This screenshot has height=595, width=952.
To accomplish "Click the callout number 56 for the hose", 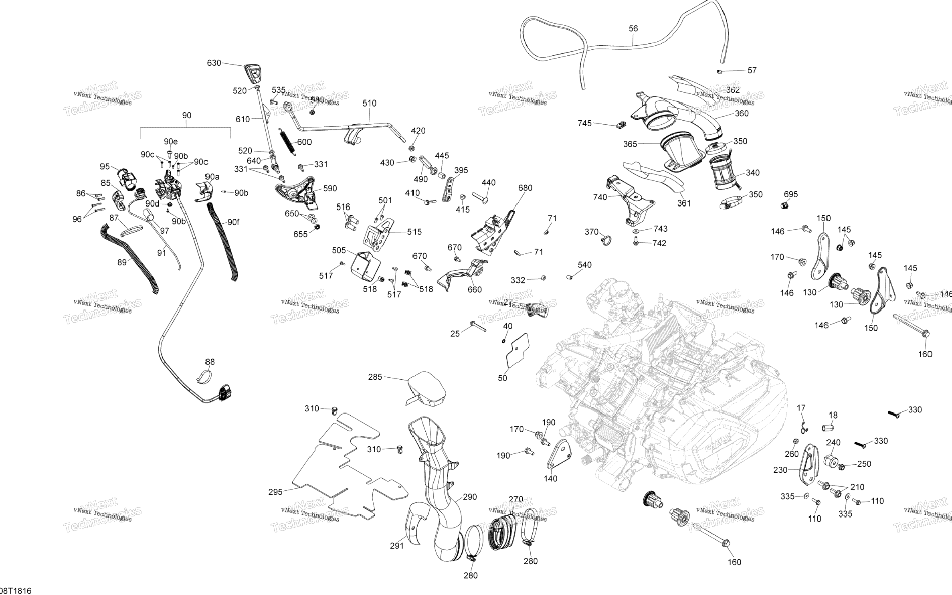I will click(x=633, y=28).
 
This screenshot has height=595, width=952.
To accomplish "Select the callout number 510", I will click(x=369, y=103).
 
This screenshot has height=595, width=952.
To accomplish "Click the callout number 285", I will click(x=375, y=377).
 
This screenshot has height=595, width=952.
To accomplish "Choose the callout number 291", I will click(x=397, y=546).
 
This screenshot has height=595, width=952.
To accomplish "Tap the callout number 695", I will click(x=791, y=194).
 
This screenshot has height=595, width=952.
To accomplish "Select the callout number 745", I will click(x=584, y=123).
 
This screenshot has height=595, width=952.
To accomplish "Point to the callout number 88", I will click(x=210, y=362).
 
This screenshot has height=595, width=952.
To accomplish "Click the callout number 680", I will click(x=525, y=188).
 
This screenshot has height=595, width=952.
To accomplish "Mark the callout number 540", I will click(x=584, y=265).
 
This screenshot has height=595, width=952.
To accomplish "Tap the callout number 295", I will click(x=275, y=492).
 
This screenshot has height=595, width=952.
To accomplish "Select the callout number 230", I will click(x=780, y=470).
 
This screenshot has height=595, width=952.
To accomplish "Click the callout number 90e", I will click(x=171, y=142).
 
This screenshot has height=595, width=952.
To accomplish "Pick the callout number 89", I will click(x=122, y=262).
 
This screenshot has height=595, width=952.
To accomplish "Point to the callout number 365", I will click(x=630, y=144).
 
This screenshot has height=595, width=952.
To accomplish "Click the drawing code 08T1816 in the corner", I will click(x=16, y=591).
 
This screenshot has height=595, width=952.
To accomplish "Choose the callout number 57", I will click(x=752, y=71).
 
